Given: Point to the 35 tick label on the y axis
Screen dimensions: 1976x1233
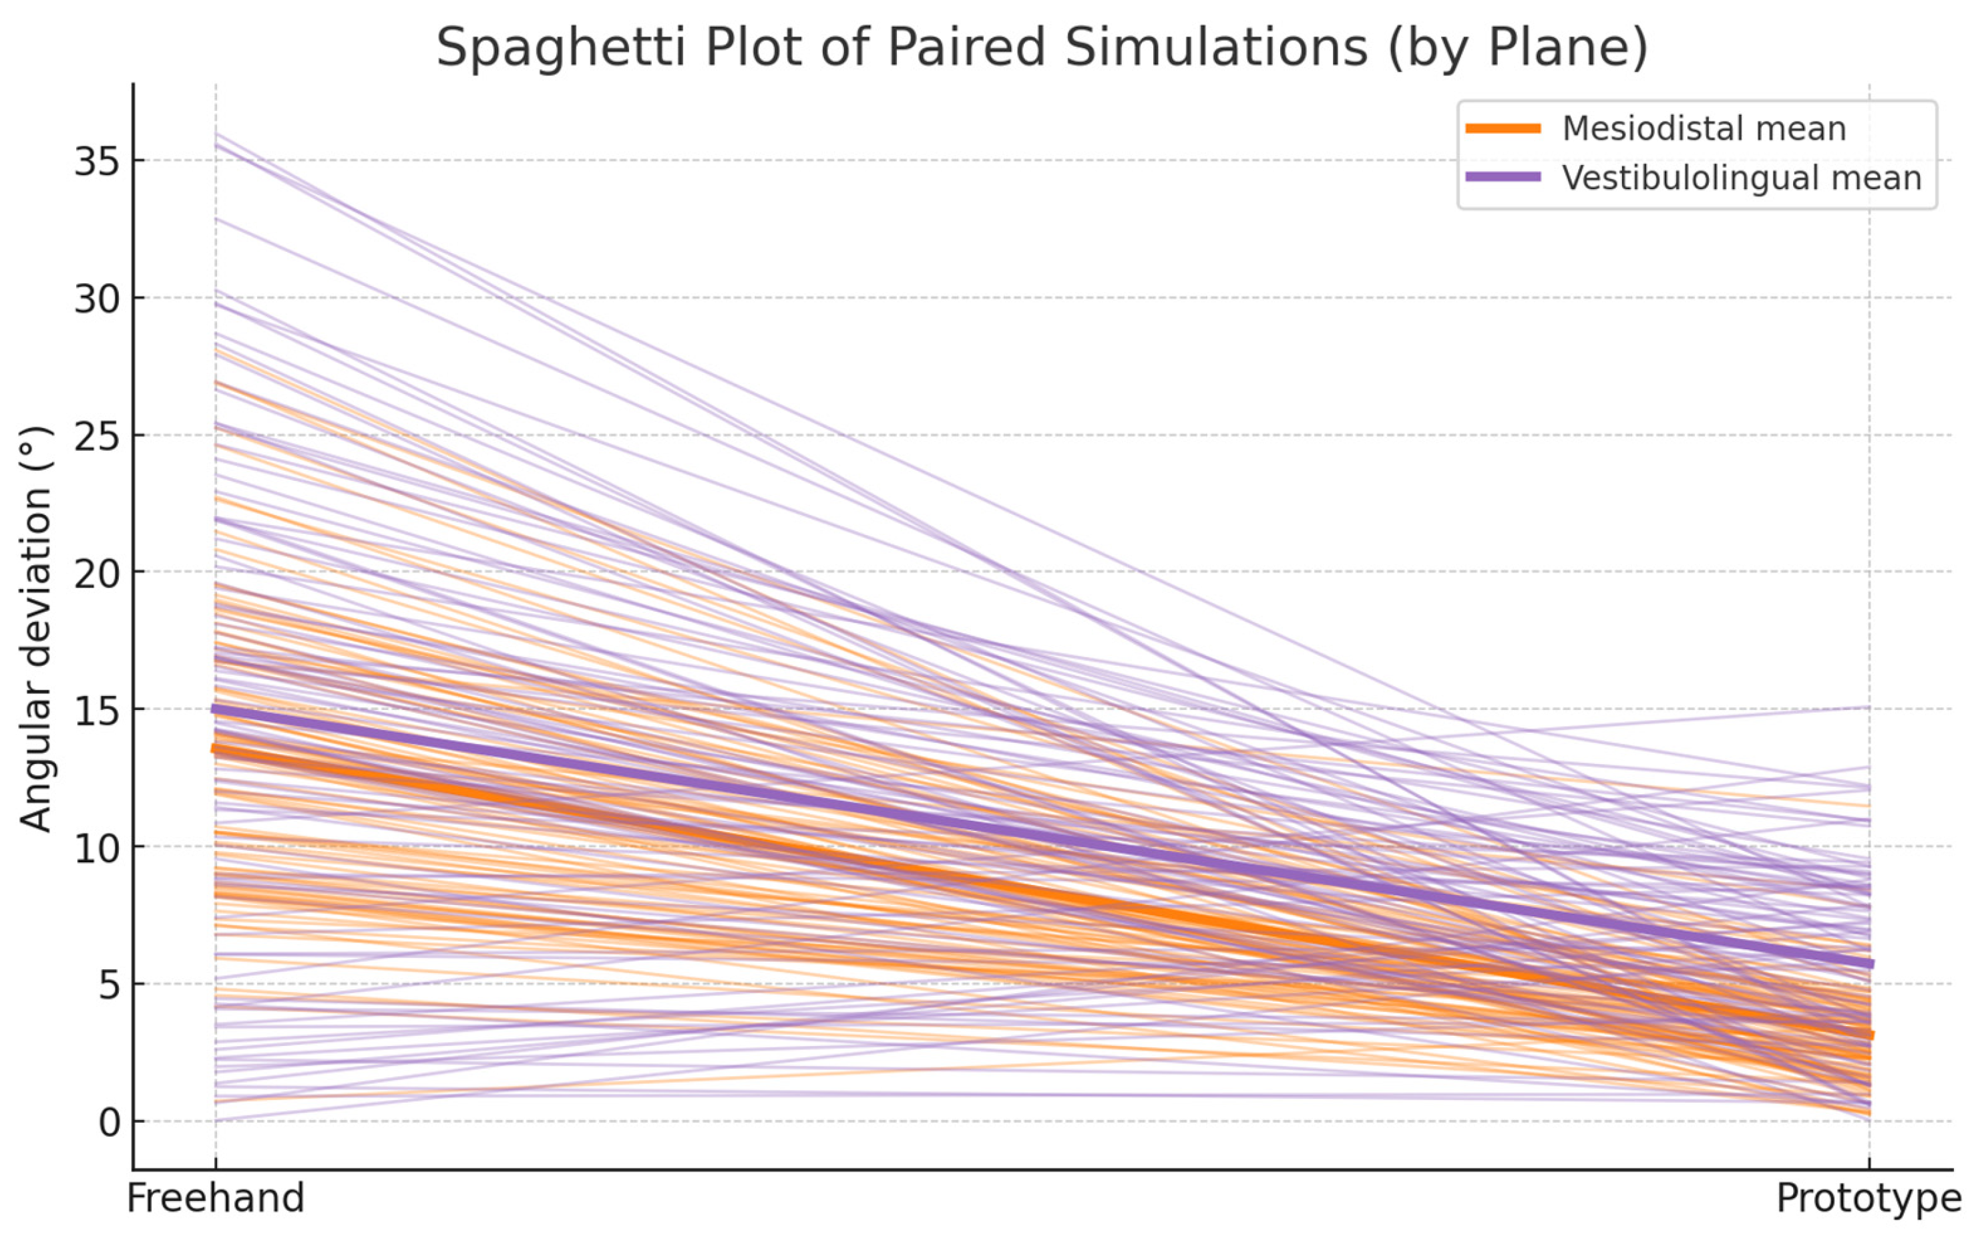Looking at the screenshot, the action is point(96,162).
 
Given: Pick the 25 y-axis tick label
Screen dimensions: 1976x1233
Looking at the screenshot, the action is point(96,436).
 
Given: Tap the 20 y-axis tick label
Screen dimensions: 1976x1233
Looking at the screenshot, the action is point(96,573).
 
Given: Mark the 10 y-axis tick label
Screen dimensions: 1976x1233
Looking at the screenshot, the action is point(96,848).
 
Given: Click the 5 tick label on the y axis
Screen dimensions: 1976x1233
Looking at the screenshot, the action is point(108,985).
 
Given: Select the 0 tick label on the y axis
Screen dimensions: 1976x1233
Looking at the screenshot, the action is point(108,1123).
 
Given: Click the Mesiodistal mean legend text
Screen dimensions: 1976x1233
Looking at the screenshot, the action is point(1704,129).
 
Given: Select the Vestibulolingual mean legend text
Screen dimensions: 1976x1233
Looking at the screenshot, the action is point(1741,178).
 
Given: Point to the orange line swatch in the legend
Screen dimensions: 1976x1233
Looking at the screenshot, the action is point(1503,128).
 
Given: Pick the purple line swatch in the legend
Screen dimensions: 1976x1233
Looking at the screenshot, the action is point(1503,177).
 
